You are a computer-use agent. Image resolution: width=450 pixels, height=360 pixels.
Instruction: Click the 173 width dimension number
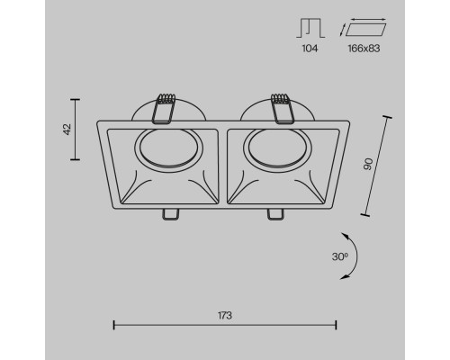(x=225, y=316)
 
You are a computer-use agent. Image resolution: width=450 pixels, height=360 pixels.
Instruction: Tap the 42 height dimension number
(x=67, y=129)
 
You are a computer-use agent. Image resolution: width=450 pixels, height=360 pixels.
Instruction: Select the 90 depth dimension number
(x=368, y=164)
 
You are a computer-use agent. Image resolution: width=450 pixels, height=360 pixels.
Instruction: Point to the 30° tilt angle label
(x=340, y=256)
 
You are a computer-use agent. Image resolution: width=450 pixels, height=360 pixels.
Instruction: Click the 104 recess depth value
(x=310, y=49)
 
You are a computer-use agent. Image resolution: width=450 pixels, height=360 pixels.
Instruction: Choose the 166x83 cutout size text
(x=364, y=49)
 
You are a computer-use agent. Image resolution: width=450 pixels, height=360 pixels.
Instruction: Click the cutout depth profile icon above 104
(x=310, y=28)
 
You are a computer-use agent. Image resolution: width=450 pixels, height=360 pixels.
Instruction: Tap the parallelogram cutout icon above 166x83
(x=363, y=27)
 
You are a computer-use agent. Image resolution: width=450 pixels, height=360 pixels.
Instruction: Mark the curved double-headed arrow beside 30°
(x=354, y=256)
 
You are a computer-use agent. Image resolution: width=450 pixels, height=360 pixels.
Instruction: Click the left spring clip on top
(x=164, y=109)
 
